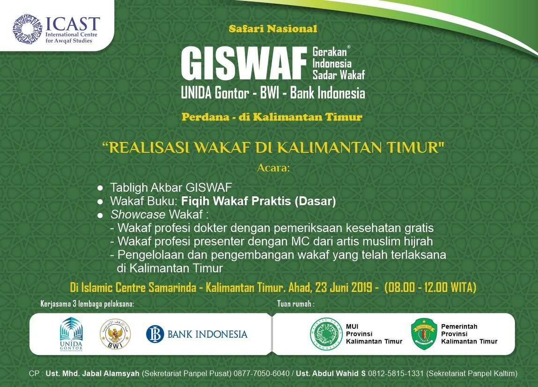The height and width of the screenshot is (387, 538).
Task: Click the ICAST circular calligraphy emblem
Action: click(27, 29)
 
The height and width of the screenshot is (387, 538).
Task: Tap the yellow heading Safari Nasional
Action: click(273, 29)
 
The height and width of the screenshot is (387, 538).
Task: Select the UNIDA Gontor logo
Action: click(71, 334)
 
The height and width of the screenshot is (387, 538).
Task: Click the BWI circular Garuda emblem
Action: click(115, 334)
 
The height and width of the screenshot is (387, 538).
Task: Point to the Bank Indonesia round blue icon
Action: click(155, 334)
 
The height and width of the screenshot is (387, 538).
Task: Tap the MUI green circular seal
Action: click(326, 334)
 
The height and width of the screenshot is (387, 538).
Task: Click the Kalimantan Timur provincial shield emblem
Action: click(424, 334)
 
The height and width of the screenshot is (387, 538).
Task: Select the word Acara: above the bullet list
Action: click(273, 168)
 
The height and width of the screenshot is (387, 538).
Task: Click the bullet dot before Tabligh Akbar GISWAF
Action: click(100, 188)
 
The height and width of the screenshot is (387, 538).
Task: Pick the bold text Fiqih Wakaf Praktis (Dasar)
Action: click(258, 201)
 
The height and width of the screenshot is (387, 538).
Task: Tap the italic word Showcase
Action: click(138, 214)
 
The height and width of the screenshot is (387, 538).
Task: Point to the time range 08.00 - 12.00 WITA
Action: click(431, 287)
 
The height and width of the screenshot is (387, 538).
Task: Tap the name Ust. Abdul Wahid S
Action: click(331, 373)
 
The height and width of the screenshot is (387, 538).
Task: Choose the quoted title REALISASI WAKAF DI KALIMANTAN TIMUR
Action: click(273, 148)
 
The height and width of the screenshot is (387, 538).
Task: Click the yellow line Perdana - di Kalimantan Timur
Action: click(272, 117)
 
